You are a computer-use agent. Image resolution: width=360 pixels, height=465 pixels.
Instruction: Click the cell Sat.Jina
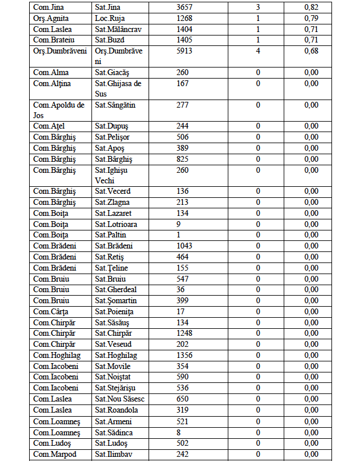[108, 7]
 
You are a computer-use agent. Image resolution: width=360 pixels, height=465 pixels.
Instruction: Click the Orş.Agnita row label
[51, 18]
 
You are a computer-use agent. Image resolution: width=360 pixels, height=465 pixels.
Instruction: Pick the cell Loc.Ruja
[110, 18]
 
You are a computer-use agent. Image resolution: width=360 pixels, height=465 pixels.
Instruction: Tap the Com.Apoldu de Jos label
[59, 110]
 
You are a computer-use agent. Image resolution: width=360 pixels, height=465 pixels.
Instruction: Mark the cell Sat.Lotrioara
[117, 224]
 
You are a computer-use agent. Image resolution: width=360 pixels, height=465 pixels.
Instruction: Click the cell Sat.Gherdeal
[116, 290]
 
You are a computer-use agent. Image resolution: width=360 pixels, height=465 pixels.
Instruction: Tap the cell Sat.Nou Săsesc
[120, 399]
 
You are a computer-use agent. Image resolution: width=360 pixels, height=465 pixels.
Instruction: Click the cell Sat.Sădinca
[114, 432]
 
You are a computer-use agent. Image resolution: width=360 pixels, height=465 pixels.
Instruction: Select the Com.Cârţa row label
[51, 311]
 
